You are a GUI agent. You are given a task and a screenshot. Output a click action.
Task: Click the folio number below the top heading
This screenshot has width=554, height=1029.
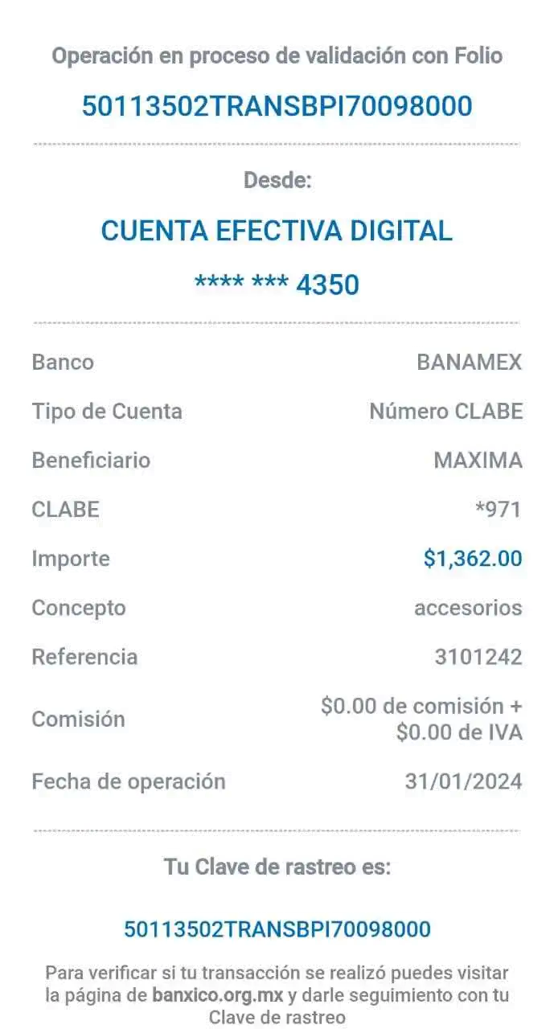(277, 105)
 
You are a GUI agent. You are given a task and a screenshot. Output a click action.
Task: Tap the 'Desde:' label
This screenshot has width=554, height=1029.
(277, 179)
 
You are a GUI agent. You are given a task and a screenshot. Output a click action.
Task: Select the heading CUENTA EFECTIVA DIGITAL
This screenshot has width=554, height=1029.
(277, 230)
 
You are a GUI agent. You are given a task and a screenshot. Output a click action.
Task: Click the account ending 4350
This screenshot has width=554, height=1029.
(277, 285)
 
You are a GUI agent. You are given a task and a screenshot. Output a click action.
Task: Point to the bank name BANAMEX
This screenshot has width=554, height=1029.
(469, 362)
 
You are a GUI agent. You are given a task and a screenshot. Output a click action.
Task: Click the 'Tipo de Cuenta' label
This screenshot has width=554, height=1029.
(107, 411)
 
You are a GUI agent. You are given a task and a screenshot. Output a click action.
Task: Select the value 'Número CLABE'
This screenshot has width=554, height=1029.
(446, 411)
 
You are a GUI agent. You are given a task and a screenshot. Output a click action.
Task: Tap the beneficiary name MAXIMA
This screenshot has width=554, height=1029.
(478, 461)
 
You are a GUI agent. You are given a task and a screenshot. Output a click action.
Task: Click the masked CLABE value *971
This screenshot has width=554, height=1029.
(499, 510)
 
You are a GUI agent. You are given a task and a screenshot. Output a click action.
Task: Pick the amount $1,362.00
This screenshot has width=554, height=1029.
(473, 559)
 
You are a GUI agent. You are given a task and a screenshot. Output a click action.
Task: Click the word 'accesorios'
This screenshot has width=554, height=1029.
(468, 608)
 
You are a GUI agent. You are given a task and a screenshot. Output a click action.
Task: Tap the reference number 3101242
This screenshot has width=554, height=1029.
(478, 657)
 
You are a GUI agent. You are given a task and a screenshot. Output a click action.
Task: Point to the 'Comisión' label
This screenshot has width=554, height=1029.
(79, 719)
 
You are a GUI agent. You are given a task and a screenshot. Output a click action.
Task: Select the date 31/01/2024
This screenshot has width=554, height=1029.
(463, 781)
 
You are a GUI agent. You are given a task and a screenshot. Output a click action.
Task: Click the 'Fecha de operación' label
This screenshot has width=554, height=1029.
(129, 781)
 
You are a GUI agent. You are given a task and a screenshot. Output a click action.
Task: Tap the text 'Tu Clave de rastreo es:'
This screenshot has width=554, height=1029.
(277, 867)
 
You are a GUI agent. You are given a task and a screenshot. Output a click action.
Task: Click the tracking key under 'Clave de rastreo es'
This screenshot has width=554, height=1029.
(277, 929)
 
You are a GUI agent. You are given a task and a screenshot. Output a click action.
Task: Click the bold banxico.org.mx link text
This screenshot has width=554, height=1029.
(218, 995)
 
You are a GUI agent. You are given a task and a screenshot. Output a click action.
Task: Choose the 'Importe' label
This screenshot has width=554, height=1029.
(71, 559)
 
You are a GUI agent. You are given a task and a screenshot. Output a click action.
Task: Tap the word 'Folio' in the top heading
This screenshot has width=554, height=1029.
(478, 55)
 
